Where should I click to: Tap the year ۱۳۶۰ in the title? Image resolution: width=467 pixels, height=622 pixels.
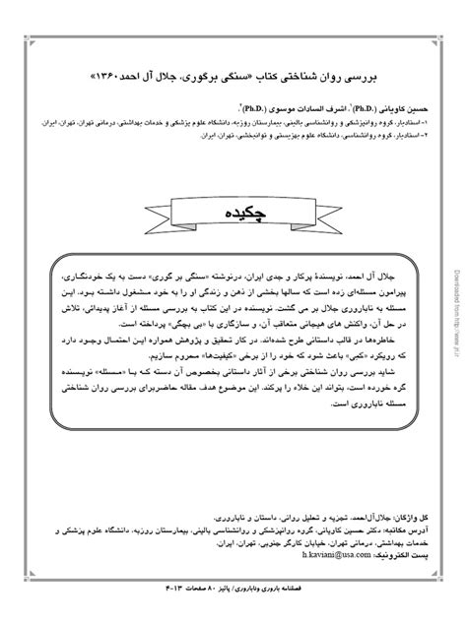137,73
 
